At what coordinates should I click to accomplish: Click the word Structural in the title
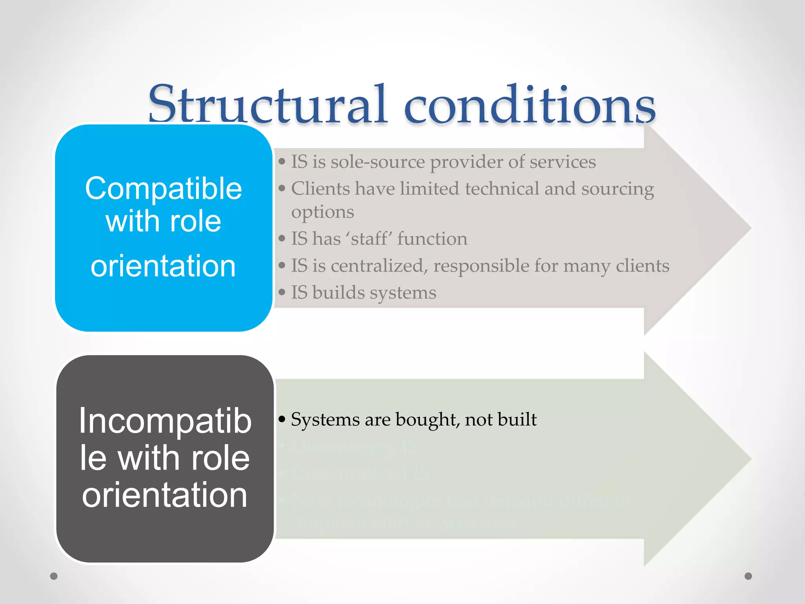(x=267, y=104)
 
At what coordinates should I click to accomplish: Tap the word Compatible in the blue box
(x=163, y=189)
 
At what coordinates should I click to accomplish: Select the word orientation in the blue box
(x=163, y=266)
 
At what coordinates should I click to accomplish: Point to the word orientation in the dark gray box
(x=165, y=495)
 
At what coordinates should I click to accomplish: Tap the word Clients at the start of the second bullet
(x=320, y=189)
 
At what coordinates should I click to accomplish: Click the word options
(x=322, y=213)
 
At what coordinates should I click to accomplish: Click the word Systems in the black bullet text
(x=325, y=420)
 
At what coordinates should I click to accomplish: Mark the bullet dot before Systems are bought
(x=281, y=420)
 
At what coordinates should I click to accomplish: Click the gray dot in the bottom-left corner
(x=54, y=576)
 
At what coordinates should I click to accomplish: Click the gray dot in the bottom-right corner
(x=748, y=576)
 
